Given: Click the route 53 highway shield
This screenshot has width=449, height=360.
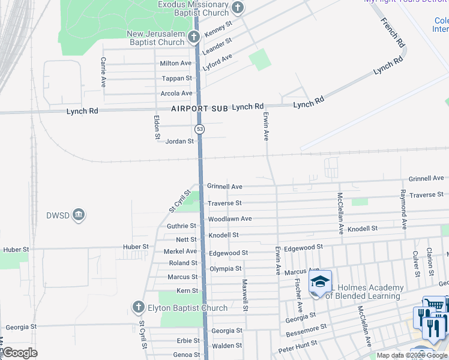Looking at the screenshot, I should point(199,129).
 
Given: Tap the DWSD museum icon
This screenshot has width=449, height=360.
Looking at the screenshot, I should point(79,215).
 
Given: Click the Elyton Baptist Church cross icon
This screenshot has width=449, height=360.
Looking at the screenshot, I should point(137,308).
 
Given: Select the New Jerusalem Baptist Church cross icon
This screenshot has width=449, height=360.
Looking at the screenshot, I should point(193,37).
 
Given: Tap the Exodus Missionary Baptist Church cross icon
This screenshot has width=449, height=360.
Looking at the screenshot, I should point(238,8).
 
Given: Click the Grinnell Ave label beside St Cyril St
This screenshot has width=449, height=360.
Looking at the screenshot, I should point(224,187).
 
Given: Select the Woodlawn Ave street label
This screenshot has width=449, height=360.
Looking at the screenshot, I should point(230,219).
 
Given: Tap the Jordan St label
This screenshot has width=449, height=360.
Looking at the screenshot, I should point(179,142).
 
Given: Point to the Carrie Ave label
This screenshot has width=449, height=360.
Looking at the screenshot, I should point(104,72).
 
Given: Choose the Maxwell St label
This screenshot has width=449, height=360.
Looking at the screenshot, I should point(245,295).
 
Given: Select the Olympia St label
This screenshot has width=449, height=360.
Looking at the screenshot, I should point(225,269).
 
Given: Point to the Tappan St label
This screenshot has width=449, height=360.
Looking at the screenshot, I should point(177,79).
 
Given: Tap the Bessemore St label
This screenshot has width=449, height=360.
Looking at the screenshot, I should point(307,331).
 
